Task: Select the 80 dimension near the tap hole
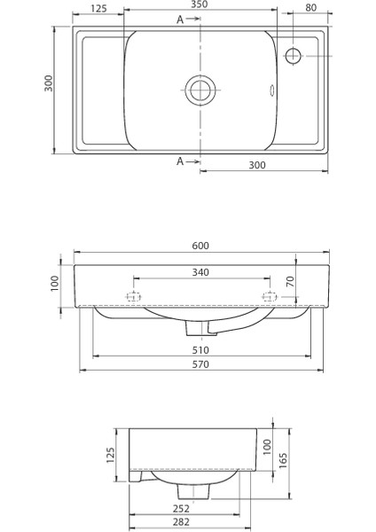pos(310,8)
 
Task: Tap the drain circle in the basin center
pos(200,89)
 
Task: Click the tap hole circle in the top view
pos(294,55)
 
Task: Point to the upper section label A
pos(181,20)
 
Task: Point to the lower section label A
pos(181,161)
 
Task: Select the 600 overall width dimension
pos(200,246)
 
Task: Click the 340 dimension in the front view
pos(200,272)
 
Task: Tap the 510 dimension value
pos(200,349)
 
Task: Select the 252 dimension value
pos(180,509)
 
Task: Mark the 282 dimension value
pos(180,523)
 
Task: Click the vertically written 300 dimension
pos(50,82)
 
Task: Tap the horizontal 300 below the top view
pos(257,166)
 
